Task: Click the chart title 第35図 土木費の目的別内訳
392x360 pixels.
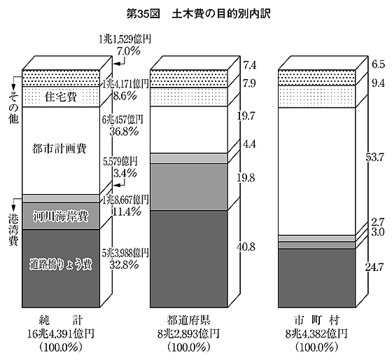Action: tap(199, 14)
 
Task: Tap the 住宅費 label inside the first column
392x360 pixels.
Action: tap(61, 97)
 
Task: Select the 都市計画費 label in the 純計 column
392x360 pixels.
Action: tap(59, 148)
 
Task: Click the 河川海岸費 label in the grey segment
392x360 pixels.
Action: tap(61, 216)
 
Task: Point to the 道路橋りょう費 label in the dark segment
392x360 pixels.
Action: tap(61, 265)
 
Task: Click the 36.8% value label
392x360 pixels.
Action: tap(124, 131)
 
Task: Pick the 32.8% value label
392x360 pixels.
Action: tap(124, 265)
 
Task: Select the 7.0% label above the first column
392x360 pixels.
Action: tap(129, 51)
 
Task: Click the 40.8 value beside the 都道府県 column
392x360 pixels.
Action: tap(246, 247)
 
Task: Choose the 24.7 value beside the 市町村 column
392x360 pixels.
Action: tap(374, 268)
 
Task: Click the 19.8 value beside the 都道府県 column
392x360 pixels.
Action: tap(246, 178)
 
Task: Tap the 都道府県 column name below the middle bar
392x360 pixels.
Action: tap(189, 321)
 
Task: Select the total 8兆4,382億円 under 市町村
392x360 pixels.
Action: tap(316, 333)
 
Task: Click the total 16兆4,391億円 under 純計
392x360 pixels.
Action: tap(61, 333)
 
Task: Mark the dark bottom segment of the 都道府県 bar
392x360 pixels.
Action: tap(189, 259)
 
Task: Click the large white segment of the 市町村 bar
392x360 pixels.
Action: tap(316, 172)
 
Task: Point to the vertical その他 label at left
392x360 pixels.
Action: tap(13, 108)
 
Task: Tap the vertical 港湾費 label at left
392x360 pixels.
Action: tap(13, 230)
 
